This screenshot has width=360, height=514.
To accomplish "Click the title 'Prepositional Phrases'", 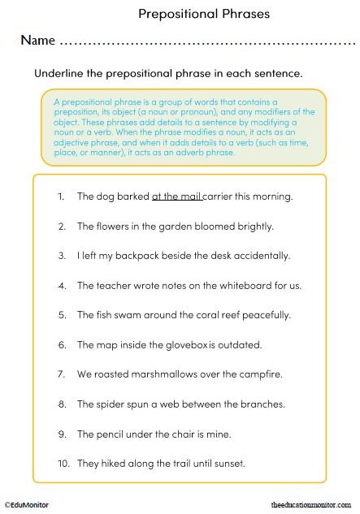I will click(x=203, y=13).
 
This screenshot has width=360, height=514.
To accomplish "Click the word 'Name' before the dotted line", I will click(x=38, y=40).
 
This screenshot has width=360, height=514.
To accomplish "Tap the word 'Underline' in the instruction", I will click(x=58, y=73).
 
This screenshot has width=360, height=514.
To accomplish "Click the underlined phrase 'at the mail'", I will click(x=176, y=197).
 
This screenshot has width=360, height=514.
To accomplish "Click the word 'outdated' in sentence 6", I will click(x=238, y=345).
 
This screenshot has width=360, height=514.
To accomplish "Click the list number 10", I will click(x=62, y=464).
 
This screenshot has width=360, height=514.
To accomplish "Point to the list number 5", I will click(x=62, y=315).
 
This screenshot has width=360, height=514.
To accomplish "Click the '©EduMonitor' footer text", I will click(x=26, y=505).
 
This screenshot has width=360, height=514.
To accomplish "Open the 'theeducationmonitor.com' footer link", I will click(x=313, y=505).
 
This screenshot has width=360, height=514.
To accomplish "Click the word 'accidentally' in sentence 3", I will click(x=263, y=256).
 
